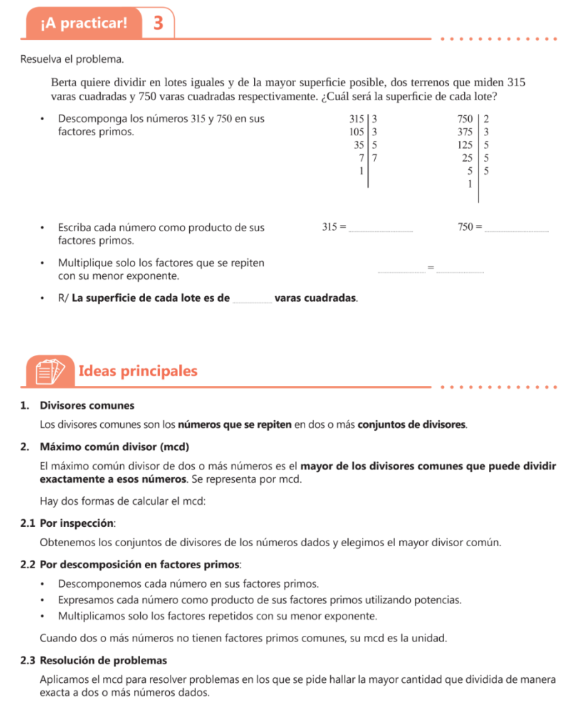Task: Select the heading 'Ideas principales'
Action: click(x=138, y=371)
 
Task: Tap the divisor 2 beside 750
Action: click(x=486, y=119)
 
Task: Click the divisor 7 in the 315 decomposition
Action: click(x=374, y=158)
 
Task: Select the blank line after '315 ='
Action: click(x=381, y=229)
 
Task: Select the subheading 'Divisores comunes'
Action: click(x=87, y=405)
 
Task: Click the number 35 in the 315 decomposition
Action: click(x=358, y=145)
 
